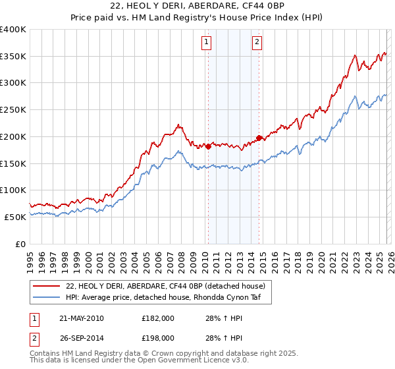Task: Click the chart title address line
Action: [x=197, y=6]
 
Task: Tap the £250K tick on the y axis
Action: [x=14, y=109]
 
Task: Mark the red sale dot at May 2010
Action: [x=208, y=146]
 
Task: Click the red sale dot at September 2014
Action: [x=259, y=138]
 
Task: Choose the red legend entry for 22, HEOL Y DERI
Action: [x=165, y=286]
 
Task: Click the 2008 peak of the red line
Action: [x=178, y=123]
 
